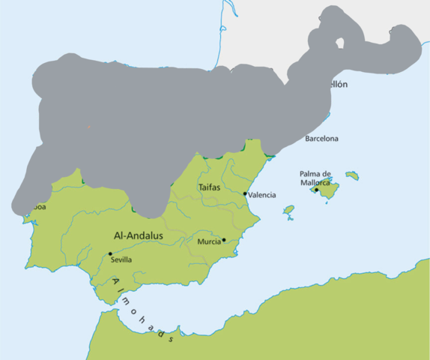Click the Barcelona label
[x=321, y=139]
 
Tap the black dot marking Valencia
[x=245, y=193]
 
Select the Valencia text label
[x=262, y=195]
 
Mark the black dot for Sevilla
[x=110, y=253]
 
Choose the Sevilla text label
[x=121, y=259]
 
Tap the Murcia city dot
[x=224, y=240]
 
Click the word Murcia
[x=208, y=241]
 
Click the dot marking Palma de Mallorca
[x=316, y=190]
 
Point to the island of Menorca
[x=351, y=175]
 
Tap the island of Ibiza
[x=288, y=211]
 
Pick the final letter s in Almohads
[x=172, y=338]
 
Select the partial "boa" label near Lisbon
[x=37, y=208]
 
